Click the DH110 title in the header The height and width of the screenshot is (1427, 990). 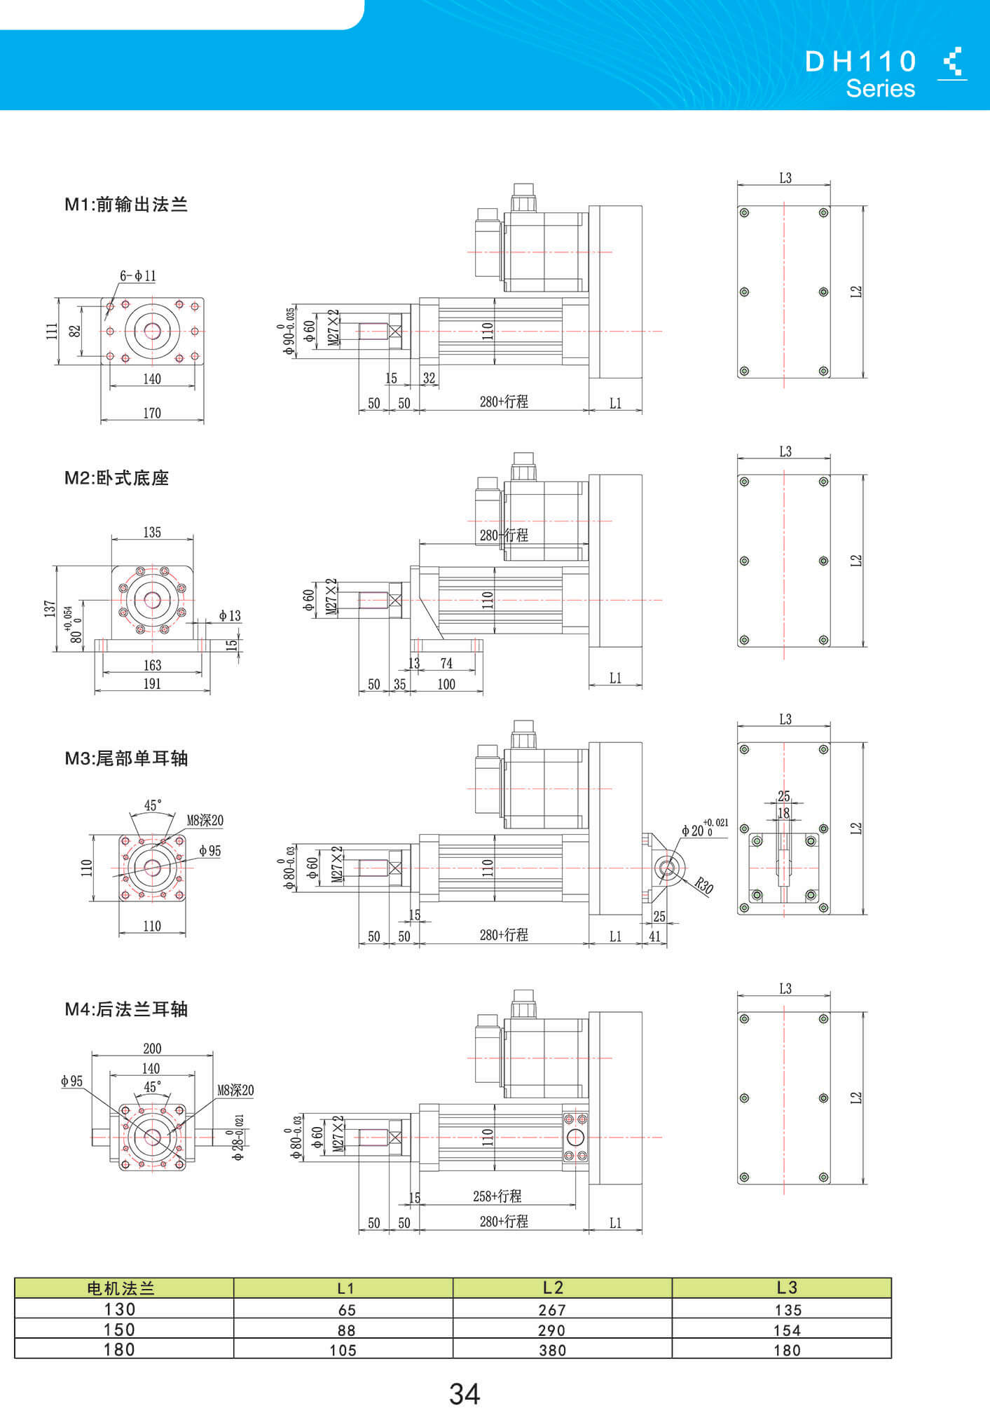click(860, 62)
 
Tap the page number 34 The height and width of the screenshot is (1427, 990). click(465, 1394)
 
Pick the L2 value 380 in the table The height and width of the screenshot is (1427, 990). click(552, 1350)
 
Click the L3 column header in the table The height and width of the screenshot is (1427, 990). click(787, 1288)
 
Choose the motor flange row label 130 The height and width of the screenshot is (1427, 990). click(120, 1309)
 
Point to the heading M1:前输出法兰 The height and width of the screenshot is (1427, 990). click(126, 205)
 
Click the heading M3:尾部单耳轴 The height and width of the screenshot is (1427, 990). click(126, 758)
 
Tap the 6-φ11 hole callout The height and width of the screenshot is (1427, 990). click(137, 276)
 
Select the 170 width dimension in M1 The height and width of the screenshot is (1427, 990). click(152, 413)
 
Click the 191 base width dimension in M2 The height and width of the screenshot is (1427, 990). click(152, 683)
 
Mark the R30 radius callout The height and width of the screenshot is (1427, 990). click(704, 887)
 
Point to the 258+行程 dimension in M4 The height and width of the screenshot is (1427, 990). click(497, 1196)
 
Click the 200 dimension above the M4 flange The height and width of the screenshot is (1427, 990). click(152, 1049)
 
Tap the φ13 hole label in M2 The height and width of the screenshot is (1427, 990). click(229, 615)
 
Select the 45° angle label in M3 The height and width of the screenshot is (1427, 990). click(153, 805)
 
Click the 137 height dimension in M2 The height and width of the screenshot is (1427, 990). click(49, 608)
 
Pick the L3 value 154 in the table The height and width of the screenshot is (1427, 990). click(787, 1330)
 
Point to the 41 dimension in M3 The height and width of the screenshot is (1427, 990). click(654, 936)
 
